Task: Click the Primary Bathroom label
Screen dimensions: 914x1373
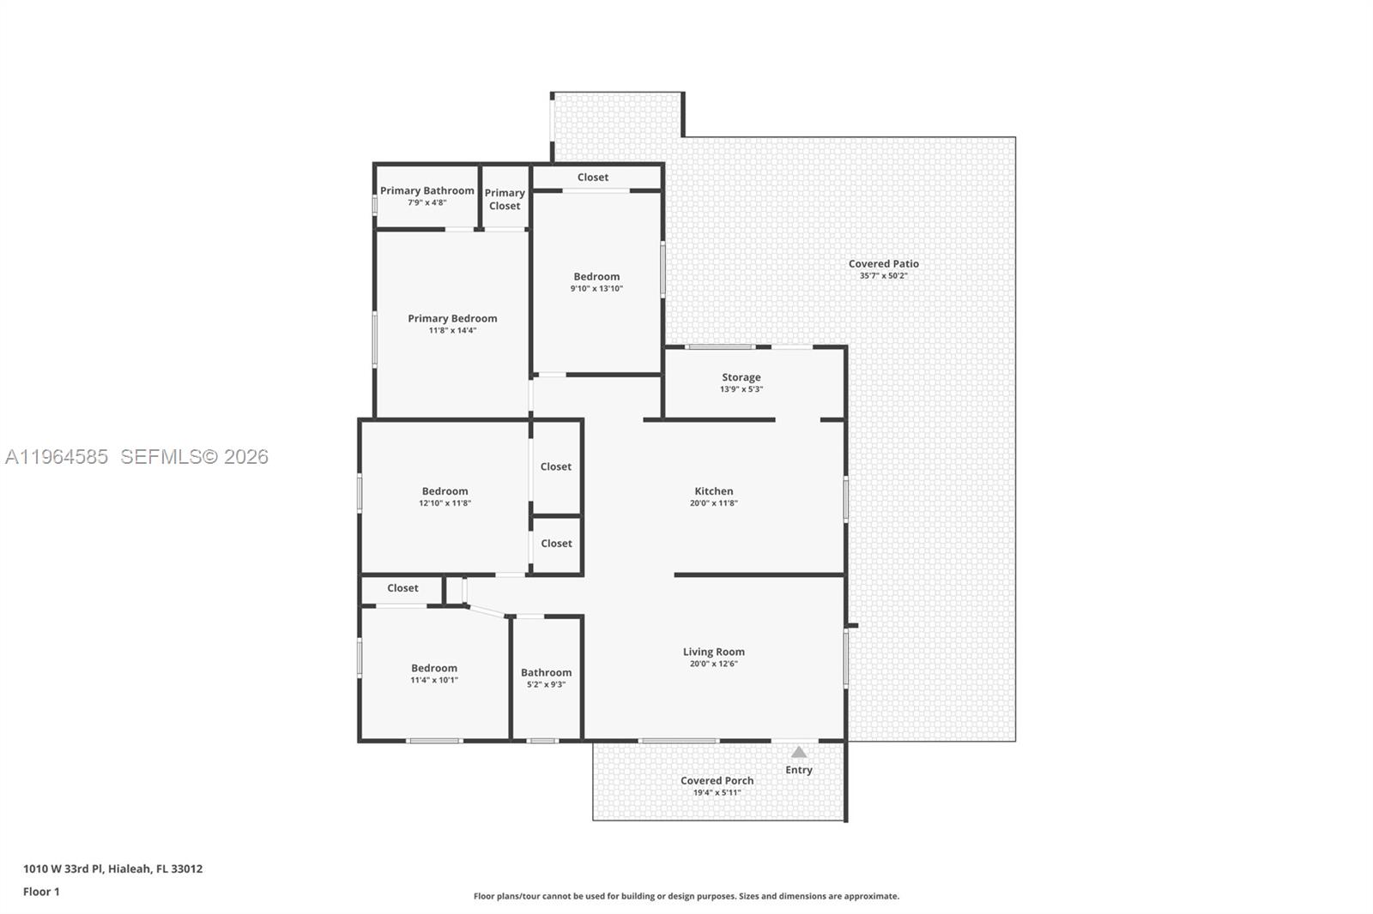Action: coord(426,191)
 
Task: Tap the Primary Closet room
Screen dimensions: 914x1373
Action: coord(505,199)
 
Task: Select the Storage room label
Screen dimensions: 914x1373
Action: coord(741,377)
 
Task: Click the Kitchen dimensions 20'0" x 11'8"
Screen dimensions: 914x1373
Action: coord(713,503)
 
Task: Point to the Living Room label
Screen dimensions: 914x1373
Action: coord(713,652)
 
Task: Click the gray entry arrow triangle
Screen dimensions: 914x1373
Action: coord(799,753)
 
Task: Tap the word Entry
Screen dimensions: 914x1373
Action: coord(799,770)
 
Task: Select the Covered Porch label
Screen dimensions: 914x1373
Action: coord(717,780)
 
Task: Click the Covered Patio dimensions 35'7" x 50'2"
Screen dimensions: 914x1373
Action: coord(883,276)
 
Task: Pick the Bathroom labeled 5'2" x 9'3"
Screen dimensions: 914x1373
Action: coord(546,673)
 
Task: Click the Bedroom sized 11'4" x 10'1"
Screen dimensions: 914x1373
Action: coord(434,669)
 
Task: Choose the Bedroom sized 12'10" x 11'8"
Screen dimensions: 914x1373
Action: coord(445,491)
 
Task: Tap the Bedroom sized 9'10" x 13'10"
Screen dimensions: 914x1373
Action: coord(596,277)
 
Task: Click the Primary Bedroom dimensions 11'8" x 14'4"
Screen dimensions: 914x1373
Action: coord(452,330)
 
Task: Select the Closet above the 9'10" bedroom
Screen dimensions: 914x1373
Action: coord(593,177)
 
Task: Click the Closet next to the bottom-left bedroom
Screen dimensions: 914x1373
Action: coord(402,588)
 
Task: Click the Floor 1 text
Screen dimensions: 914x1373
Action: coord(41,892)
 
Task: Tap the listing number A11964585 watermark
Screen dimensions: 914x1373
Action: coord(57,457)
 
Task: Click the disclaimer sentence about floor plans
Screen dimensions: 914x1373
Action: coord(686,896)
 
